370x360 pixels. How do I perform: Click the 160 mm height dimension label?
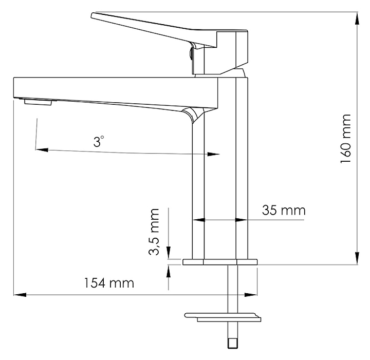[x=346, y=138]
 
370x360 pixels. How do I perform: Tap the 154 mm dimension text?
[x=109, y=283]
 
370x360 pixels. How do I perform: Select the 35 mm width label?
[x=284, y=210]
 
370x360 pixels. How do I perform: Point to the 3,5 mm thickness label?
[x=154, y=232]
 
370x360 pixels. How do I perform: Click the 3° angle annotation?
[x=98, y=141]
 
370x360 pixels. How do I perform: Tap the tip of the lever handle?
[x=92, y=15]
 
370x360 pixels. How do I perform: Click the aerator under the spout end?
[x=38, y=102]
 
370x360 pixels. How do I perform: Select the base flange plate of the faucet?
[x=220, y=262]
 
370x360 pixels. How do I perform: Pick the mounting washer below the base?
[x=223, y=317]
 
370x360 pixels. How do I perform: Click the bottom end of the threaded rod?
[x=233, y=348]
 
